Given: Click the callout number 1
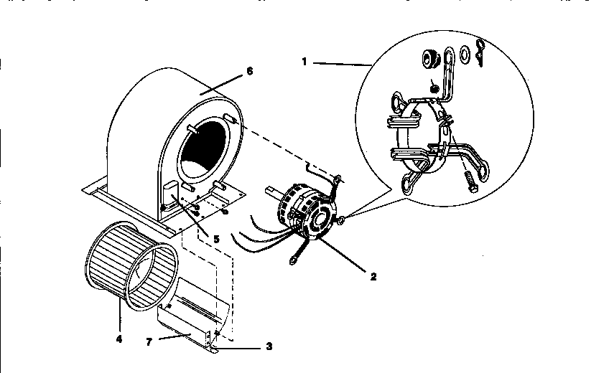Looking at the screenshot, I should point(304,62).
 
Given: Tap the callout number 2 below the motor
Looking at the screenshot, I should point(373,275).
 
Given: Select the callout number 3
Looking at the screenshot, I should point(269,347).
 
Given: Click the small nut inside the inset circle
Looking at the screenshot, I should point(434,87).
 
